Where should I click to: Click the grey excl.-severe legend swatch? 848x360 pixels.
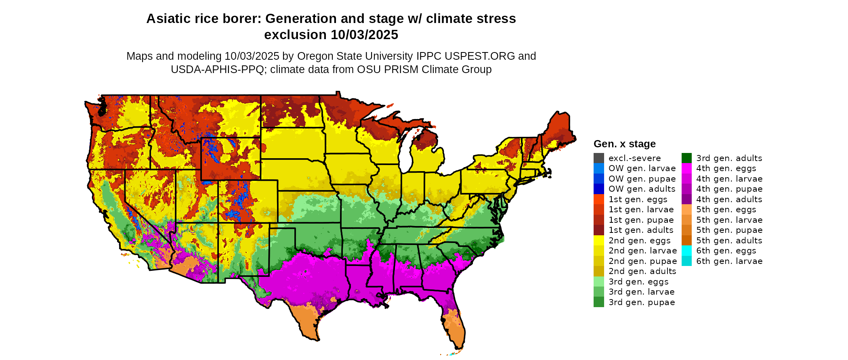[599, 158]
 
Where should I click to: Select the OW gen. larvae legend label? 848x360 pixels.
[642, 168]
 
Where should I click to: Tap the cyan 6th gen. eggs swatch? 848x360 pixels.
[686, 251]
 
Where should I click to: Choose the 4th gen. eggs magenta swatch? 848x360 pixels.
[686, 168]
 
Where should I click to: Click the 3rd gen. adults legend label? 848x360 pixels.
[729, 158]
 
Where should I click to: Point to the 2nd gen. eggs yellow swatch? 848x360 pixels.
[599, 241]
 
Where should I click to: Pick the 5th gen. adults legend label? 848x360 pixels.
[729, 241]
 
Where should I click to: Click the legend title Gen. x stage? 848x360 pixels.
[624, 144]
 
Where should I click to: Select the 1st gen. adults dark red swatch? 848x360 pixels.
[599, 230]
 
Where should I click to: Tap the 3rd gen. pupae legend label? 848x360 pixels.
[642, 302]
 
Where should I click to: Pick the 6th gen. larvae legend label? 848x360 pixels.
[729, 261]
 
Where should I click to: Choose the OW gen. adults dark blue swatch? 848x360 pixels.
[599, 189]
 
